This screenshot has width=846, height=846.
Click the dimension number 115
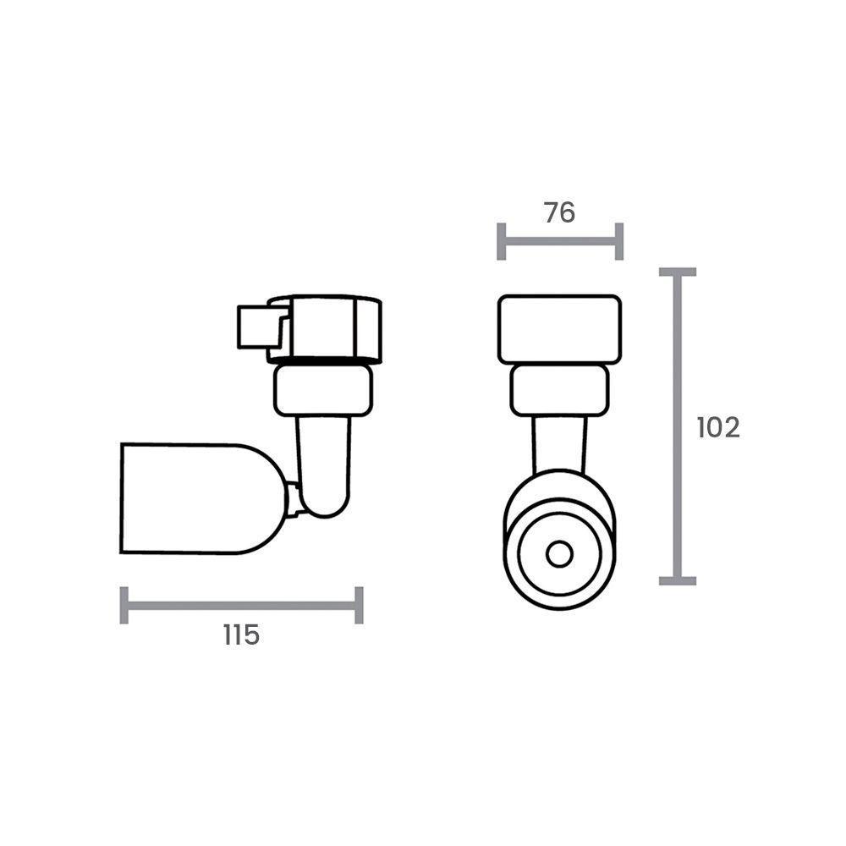click(241, 634)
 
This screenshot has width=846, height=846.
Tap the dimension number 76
click(559, 213)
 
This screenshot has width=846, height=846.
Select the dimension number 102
click(718, 427)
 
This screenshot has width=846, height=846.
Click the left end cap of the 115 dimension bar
click(124, 605)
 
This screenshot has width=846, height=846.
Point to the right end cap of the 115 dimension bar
click(359, 605)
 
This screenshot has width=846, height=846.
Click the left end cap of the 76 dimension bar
click(502, 241)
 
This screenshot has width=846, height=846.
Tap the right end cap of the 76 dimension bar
click(619, 241)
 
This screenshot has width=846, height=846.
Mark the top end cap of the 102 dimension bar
click(677, 272)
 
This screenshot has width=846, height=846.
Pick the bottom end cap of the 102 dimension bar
click(677, 580)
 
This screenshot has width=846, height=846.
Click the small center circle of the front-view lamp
click(558, 555)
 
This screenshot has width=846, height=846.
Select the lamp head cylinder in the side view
click(195, 498)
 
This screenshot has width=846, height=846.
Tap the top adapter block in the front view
click(559, 329)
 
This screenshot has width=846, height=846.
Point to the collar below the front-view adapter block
click(559, 391)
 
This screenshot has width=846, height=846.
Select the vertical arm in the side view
click(323, 461)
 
